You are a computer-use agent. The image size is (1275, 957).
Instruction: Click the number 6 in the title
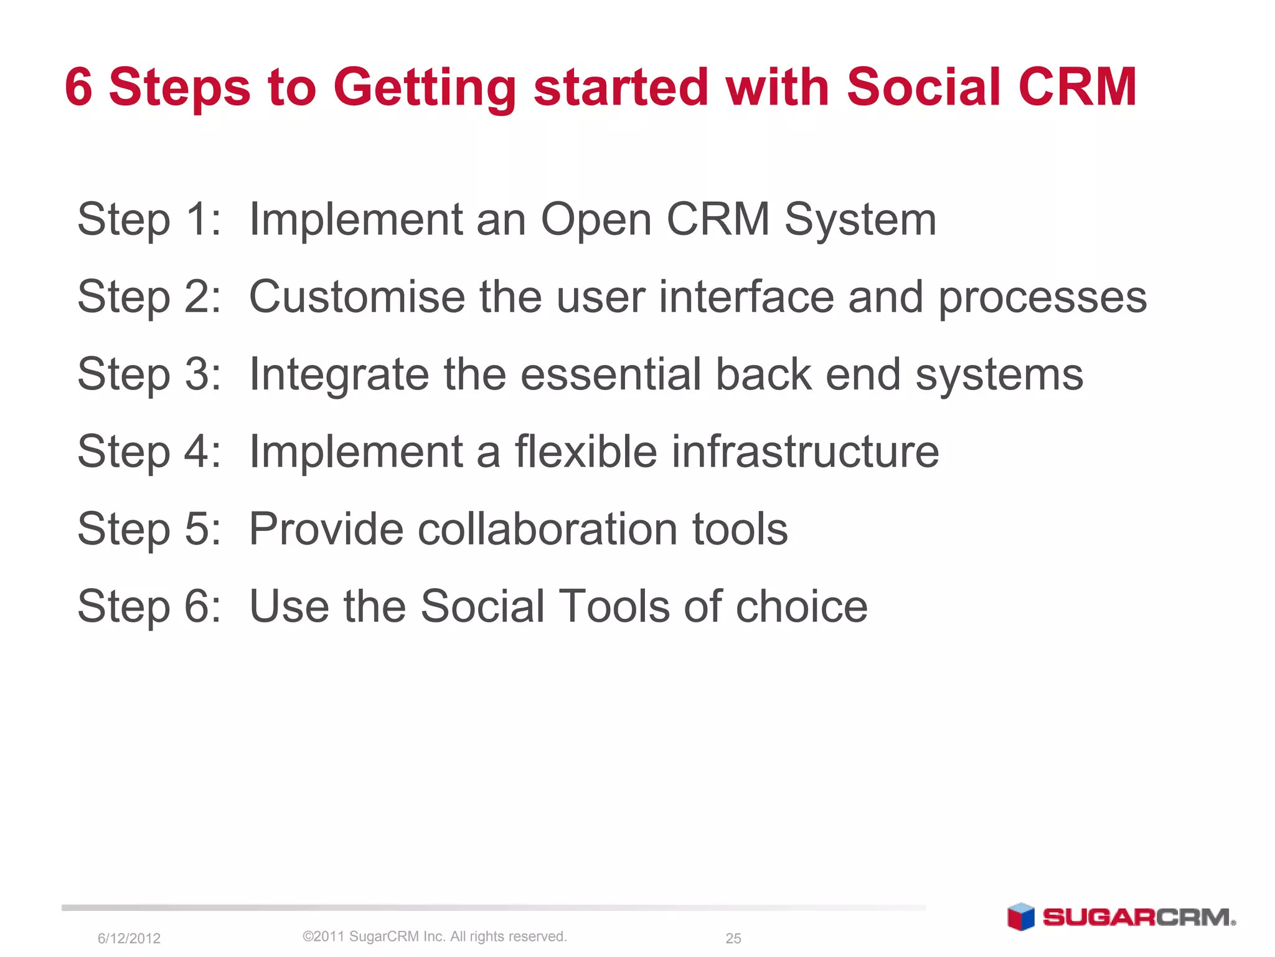pyautogui.click(x=78, y=87)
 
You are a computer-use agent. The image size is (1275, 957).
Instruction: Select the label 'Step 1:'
pyautogui.click(x=149, y=220)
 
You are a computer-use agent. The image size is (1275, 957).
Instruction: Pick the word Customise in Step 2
pyautogui.click(x=357, y=297)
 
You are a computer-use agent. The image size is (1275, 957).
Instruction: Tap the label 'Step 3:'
pyautogui.click(x=149, y=375)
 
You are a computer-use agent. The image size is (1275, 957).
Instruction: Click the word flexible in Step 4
pyautogui.click(x=586, y=451)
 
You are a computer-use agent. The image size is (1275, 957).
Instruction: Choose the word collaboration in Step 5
pyautogui.click(x=548, y=529)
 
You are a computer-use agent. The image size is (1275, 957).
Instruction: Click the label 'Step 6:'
pyautogui.click(x=149, y=607)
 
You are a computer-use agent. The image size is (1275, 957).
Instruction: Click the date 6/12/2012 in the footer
pyautogui.click(x=129, y=938)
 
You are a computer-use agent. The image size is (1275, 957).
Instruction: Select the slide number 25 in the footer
pyautogui.click(x=733, y=938)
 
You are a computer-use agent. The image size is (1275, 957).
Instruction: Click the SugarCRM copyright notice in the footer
pyautogui.click(x=435, y=936)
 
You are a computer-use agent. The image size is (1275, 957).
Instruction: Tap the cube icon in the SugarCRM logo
pyautogui.click(x=1021, y=917)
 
